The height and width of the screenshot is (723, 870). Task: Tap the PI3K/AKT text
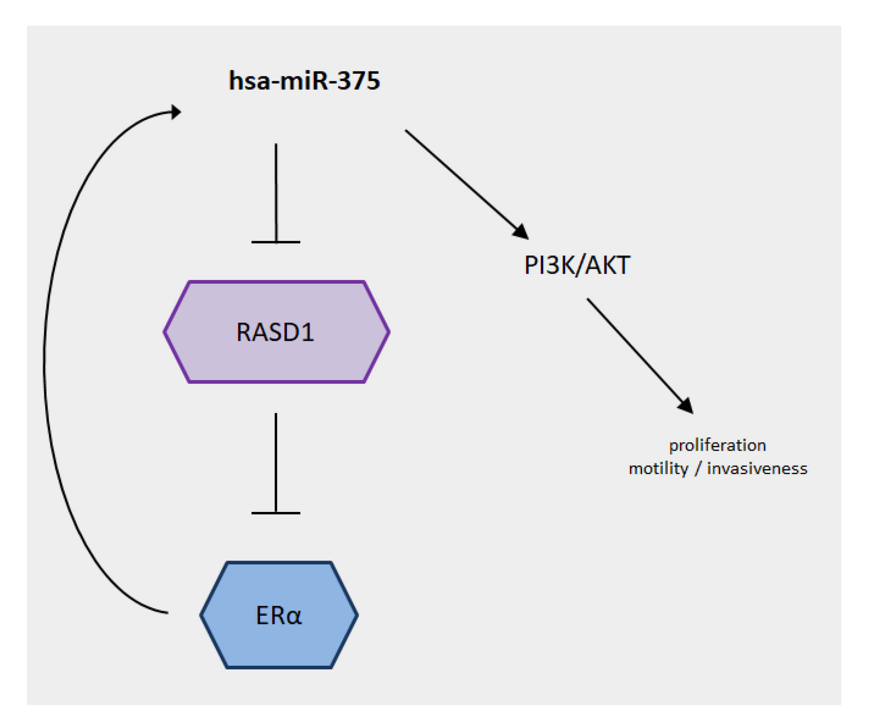[x=577, y=265]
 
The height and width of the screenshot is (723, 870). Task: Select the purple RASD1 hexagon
[x=276, y=332]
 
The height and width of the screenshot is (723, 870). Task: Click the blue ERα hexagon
[x=279, y=615]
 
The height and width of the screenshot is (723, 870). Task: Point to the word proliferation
[x=717, y=446]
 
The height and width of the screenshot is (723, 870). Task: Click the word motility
[x=658, y=469]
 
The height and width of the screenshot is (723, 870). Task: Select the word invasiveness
[x=757, y=469]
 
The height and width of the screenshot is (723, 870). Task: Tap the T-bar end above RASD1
[x=276, y=242]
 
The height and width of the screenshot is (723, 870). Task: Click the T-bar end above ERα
[x=276, y=513]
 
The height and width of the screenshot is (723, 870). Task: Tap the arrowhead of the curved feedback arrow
[x=176, y=112]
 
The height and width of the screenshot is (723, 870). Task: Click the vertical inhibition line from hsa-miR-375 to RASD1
[x=276, y=191]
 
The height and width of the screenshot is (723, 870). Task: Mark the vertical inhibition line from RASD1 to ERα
[x=276, y=460]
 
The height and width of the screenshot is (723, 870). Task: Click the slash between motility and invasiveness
[x=698, y=469]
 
